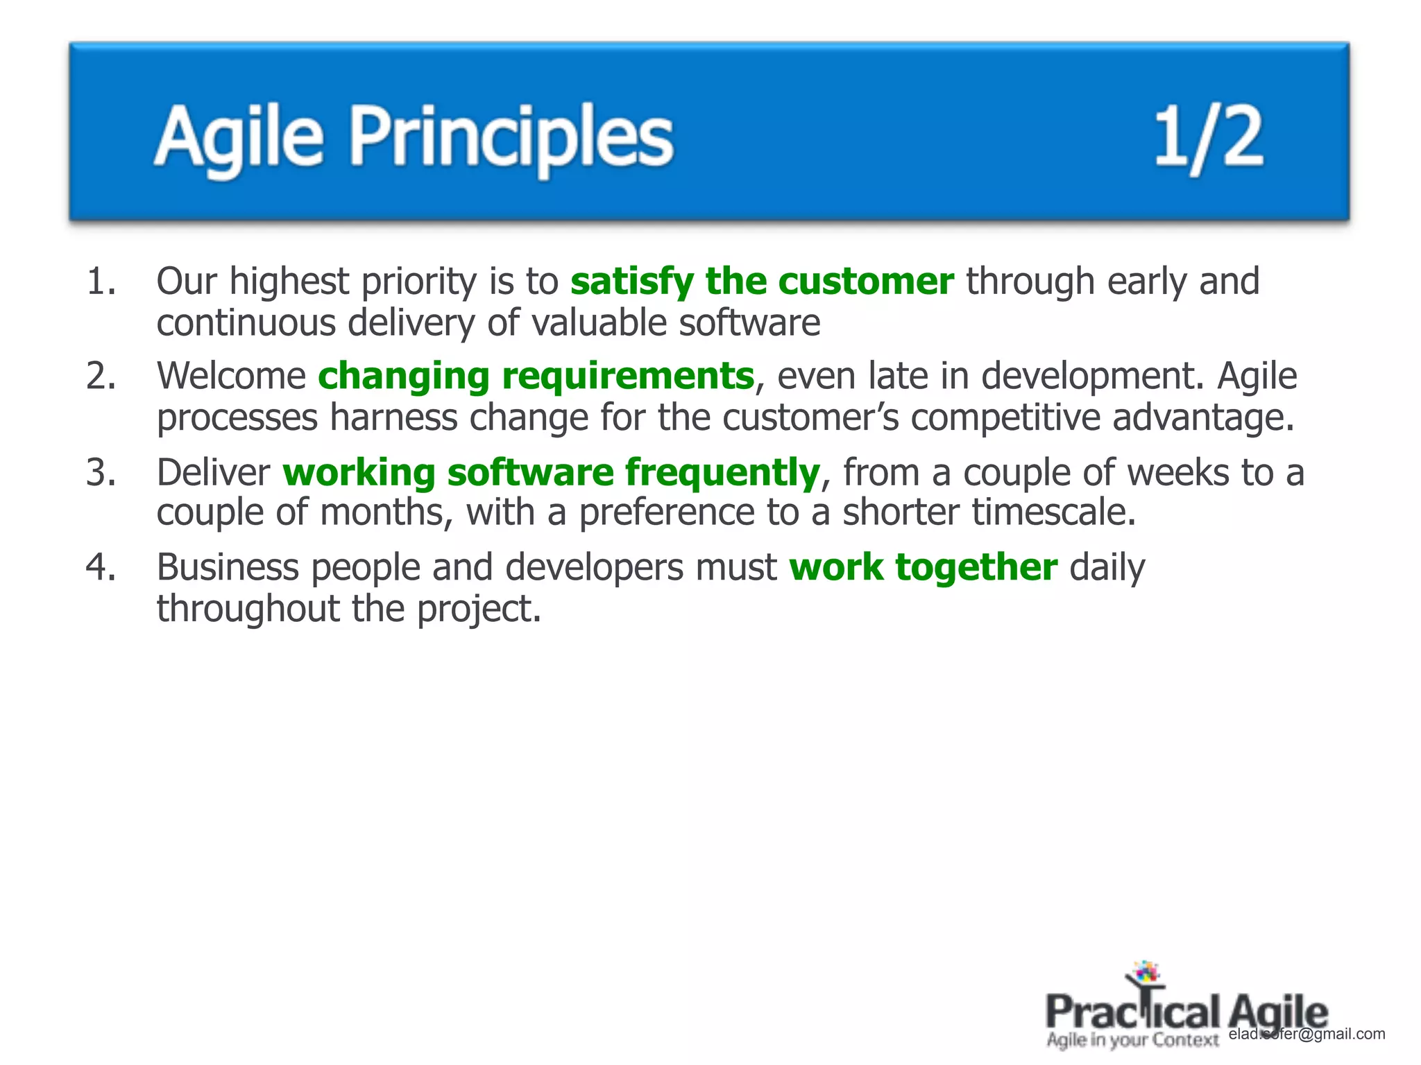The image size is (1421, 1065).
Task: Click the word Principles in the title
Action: pyautogui.click(x=511, y=137)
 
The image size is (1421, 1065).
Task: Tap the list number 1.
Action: pyautogui.click(x=101, y=282)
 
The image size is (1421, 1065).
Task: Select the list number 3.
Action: pyautogui.click(x=101, y=473)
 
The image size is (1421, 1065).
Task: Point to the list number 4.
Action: pyautogui.click(x=101, y=567)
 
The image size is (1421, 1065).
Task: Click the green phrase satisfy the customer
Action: pyautogui.click(x=762, y=282)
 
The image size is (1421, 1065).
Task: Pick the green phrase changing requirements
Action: pyautogui.click(x=536, y=376)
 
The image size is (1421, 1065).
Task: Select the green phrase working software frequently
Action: pyautogui.click(x=552, y=473)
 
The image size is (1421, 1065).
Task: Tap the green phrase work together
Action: pyautogui.click(x=923, y=567)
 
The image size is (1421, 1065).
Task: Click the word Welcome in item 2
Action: pyautogui.click(x=231, y=376)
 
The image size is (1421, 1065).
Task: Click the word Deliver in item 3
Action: pyautogui.click(x=213, y=473)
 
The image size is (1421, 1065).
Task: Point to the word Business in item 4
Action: pyautogui.click(x=228, y=567)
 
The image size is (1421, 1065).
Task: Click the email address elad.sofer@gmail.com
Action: pyautogui.click(x=1307, y=1034)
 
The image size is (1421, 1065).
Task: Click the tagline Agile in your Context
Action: pyautogui.click(x=1132, y=1040)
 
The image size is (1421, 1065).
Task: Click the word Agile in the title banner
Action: pyautogui.click(x=239, y=137)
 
